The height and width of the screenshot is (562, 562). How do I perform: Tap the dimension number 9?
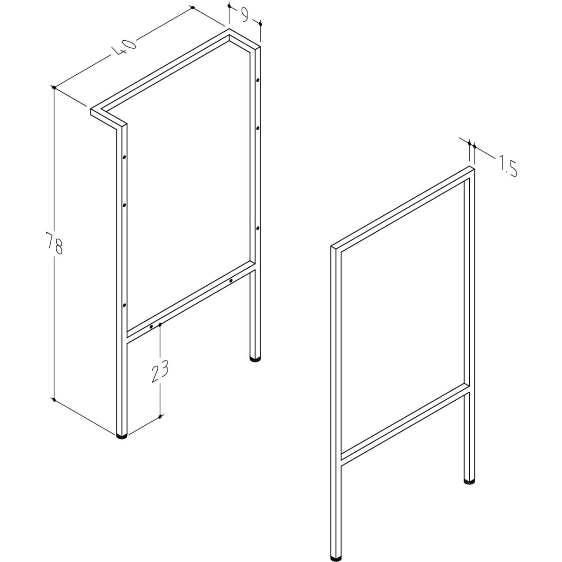tap(245, 15)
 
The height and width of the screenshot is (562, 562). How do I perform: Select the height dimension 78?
tap(55, 243)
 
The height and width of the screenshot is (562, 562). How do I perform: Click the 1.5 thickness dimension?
tap(507, 167)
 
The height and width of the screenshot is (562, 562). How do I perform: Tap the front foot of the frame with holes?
tap(122, 436)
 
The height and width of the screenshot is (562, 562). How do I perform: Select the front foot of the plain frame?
tap(336, 558)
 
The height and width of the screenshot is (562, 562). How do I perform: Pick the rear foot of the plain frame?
tap(470, 482)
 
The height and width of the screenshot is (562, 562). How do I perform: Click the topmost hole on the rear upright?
tap(258, 80)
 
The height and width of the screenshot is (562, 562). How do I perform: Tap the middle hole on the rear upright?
tap(258, 128)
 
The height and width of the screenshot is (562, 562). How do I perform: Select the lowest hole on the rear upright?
tap(258, 228)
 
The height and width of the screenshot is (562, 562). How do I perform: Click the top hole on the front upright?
tap(124, 157)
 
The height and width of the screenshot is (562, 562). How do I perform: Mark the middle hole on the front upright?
tap(124, 205)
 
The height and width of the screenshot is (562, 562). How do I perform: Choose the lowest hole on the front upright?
tap(124, 305)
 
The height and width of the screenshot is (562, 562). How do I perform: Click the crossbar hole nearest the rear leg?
tap(231, 280)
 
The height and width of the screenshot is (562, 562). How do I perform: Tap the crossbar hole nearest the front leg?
tap(151, 326)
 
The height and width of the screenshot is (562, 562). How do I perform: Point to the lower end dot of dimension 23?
tap(160, 416)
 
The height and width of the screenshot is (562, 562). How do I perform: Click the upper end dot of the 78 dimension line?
tap(54, 87)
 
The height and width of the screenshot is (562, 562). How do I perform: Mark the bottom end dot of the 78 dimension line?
tap(54, 399)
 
